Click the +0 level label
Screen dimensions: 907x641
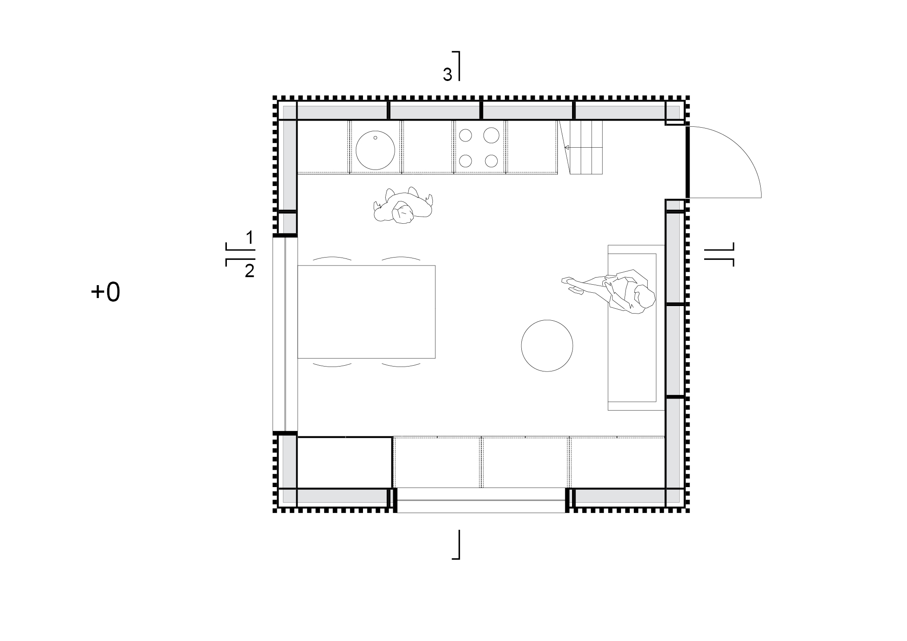click(x=105, y=293)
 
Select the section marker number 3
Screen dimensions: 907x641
click(x=447, y=75)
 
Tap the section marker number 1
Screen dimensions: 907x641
click(x=250, y=238)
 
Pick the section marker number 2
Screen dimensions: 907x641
click(x=250, y=271)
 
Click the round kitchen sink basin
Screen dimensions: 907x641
click(x=375, y=150)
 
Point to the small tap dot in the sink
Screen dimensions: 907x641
click(x=375, y=138)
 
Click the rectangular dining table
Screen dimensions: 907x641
click(x=366, y=311)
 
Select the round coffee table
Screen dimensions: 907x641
click(x=547, y=345)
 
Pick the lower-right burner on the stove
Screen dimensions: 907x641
click(x=491, y=160)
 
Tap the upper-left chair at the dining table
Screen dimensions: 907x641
click(x=332, y=258)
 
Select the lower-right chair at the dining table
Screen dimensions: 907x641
click(x=401, y=365)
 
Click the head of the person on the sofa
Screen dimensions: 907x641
click(x=645, y=296)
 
